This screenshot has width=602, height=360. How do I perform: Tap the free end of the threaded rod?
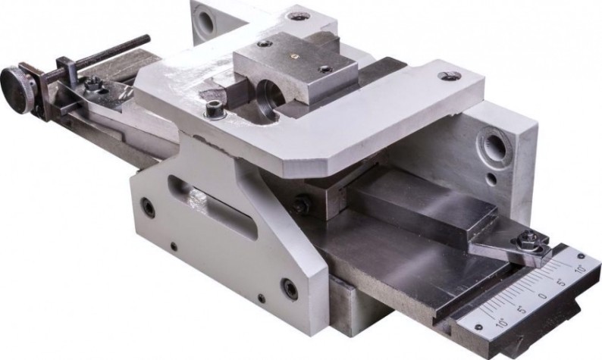click(146, 38)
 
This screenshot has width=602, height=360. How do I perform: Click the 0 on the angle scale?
click(541, 296)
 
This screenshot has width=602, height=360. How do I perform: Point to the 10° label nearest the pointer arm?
click(580, 268)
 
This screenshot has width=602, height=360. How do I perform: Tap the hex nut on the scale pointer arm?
click(524, 243)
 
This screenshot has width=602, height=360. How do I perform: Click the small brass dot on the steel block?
click(293, 55)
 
